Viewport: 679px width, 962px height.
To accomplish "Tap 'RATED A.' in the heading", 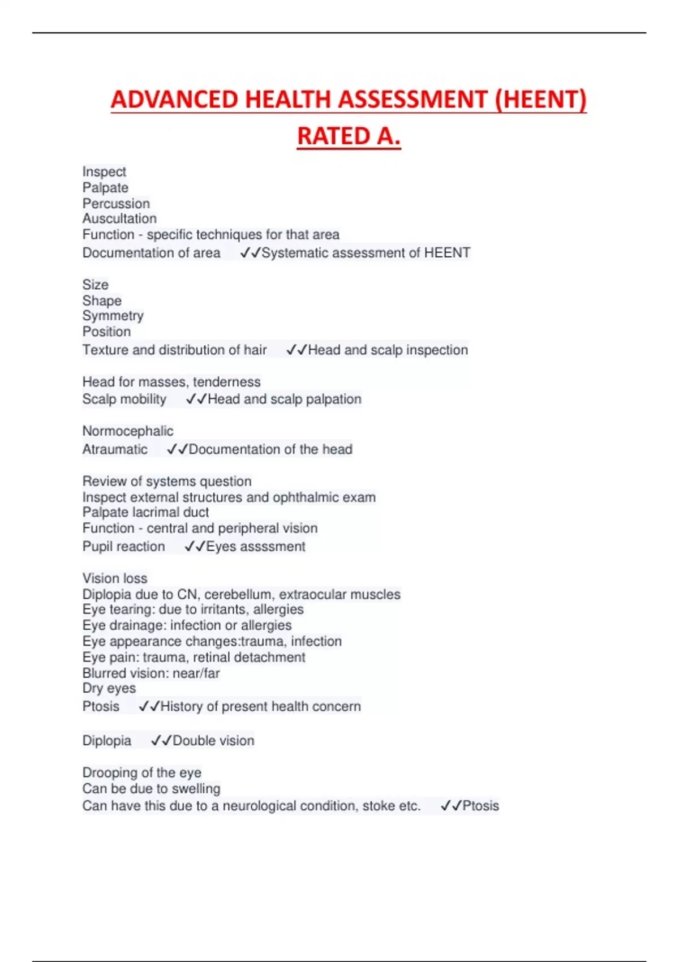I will click(x=349, y=136).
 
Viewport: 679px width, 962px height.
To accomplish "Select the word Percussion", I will click(x=116, y=203).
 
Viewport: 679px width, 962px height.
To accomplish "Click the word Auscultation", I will click(x=119, y=218).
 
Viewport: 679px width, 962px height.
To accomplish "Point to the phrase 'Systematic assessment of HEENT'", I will click(x=366, y=253).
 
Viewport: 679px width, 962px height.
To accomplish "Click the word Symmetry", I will click(x=113, y=316).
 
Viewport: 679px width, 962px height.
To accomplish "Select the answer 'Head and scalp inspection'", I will click(x=388, y=350).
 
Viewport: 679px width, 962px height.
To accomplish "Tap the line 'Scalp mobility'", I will click(x=124, y=400).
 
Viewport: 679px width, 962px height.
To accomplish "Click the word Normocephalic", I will click(x=128, y=431).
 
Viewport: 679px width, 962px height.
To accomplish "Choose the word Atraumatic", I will click(x=115, y=449).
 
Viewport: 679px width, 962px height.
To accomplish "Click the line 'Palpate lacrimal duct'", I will click(x=145, y=512).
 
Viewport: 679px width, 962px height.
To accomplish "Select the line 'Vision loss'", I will click(x=115, y=578).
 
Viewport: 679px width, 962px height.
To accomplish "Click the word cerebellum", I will click(x=238, y=594).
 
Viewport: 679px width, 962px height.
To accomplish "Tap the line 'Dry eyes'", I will click(x=109, y=688).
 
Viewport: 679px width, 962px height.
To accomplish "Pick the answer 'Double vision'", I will click(x=213, y=741).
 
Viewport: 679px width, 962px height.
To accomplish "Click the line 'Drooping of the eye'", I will click(x=142, y=772).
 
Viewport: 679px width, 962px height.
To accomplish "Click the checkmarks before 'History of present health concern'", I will click(x=149, y=706).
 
